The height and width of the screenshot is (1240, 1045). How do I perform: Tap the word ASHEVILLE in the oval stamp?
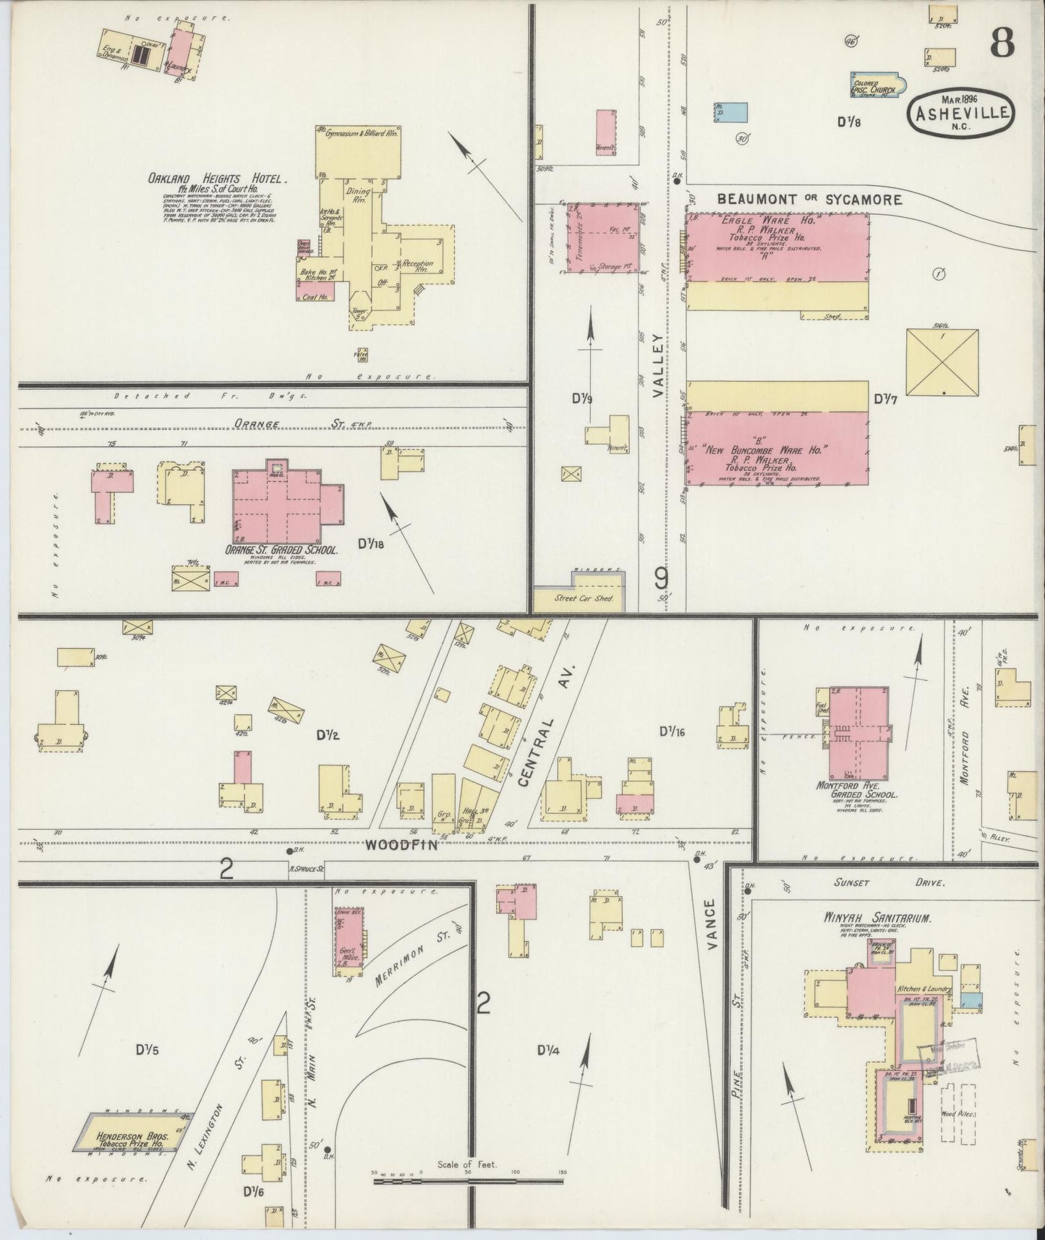click(x=960, y=114)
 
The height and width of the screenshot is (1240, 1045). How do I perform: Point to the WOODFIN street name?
click(x=401, y=844)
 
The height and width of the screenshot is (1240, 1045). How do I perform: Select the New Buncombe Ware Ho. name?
click(x=776, y=449)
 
